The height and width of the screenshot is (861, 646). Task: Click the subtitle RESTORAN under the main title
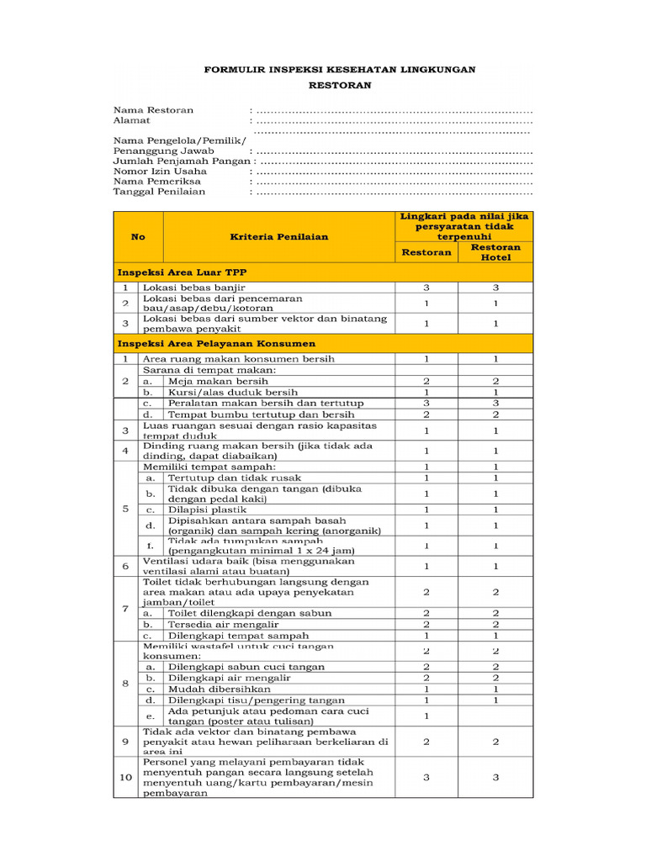(x=339, y=86)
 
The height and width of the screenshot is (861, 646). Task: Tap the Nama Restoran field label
(x=154, y=110)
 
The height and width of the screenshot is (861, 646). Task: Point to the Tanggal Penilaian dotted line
(x=394, y=192)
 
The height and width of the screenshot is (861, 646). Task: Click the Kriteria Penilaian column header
(x=279, y=237)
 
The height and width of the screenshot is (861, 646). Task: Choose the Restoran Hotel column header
(x=495, y=252)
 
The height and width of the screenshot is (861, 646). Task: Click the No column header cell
(x=138, y=237)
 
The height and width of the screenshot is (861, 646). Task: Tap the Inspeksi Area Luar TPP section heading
(x=182, y=272)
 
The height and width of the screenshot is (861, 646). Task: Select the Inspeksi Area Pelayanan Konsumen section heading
(x=217, y=344)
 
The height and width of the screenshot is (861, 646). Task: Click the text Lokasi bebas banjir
(x=194, y=288)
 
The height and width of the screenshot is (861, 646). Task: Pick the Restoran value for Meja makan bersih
(x=426, y=381)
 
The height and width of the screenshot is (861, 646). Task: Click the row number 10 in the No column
(x=125, y=778)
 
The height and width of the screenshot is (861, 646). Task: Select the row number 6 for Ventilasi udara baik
(x=125, y=567)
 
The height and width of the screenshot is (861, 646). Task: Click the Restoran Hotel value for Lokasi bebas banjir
(x=495, y=288)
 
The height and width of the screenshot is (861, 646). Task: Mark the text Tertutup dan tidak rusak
(x=228, y=478)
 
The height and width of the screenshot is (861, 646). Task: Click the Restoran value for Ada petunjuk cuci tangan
(x=426, y=716)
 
